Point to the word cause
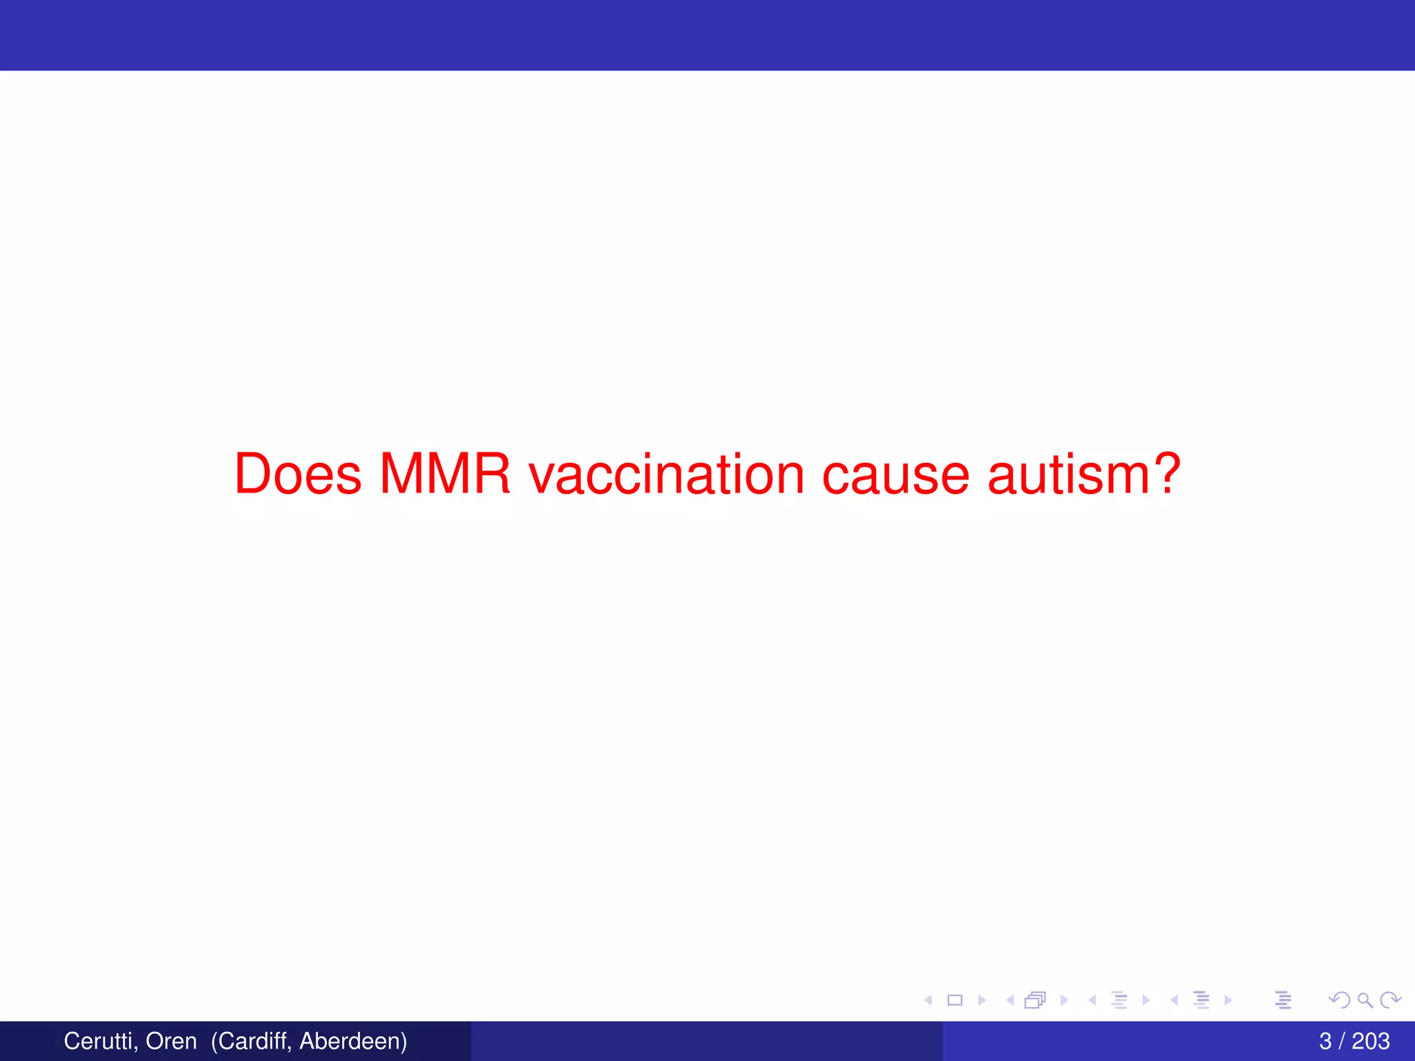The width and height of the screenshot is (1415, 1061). [895, 475]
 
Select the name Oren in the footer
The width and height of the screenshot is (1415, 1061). [171, 1041]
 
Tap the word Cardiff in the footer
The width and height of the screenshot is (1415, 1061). [251, 1041]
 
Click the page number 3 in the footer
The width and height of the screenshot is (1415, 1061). [1325, 1041]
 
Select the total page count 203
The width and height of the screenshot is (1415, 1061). [1371, 1041]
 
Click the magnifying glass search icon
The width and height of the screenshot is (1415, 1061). [1365, 1000]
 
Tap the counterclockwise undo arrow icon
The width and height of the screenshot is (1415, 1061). [1339, 1000]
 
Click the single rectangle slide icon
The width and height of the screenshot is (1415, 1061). [955, 1000]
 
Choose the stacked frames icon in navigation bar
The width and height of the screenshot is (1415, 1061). [1035, 1000]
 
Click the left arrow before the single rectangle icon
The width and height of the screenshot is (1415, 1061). [929, 1000]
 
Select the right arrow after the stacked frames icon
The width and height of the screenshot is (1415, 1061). [1064, 1000]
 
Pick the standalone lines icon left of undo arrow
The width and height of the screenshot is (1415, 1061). [1283, 1000]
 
